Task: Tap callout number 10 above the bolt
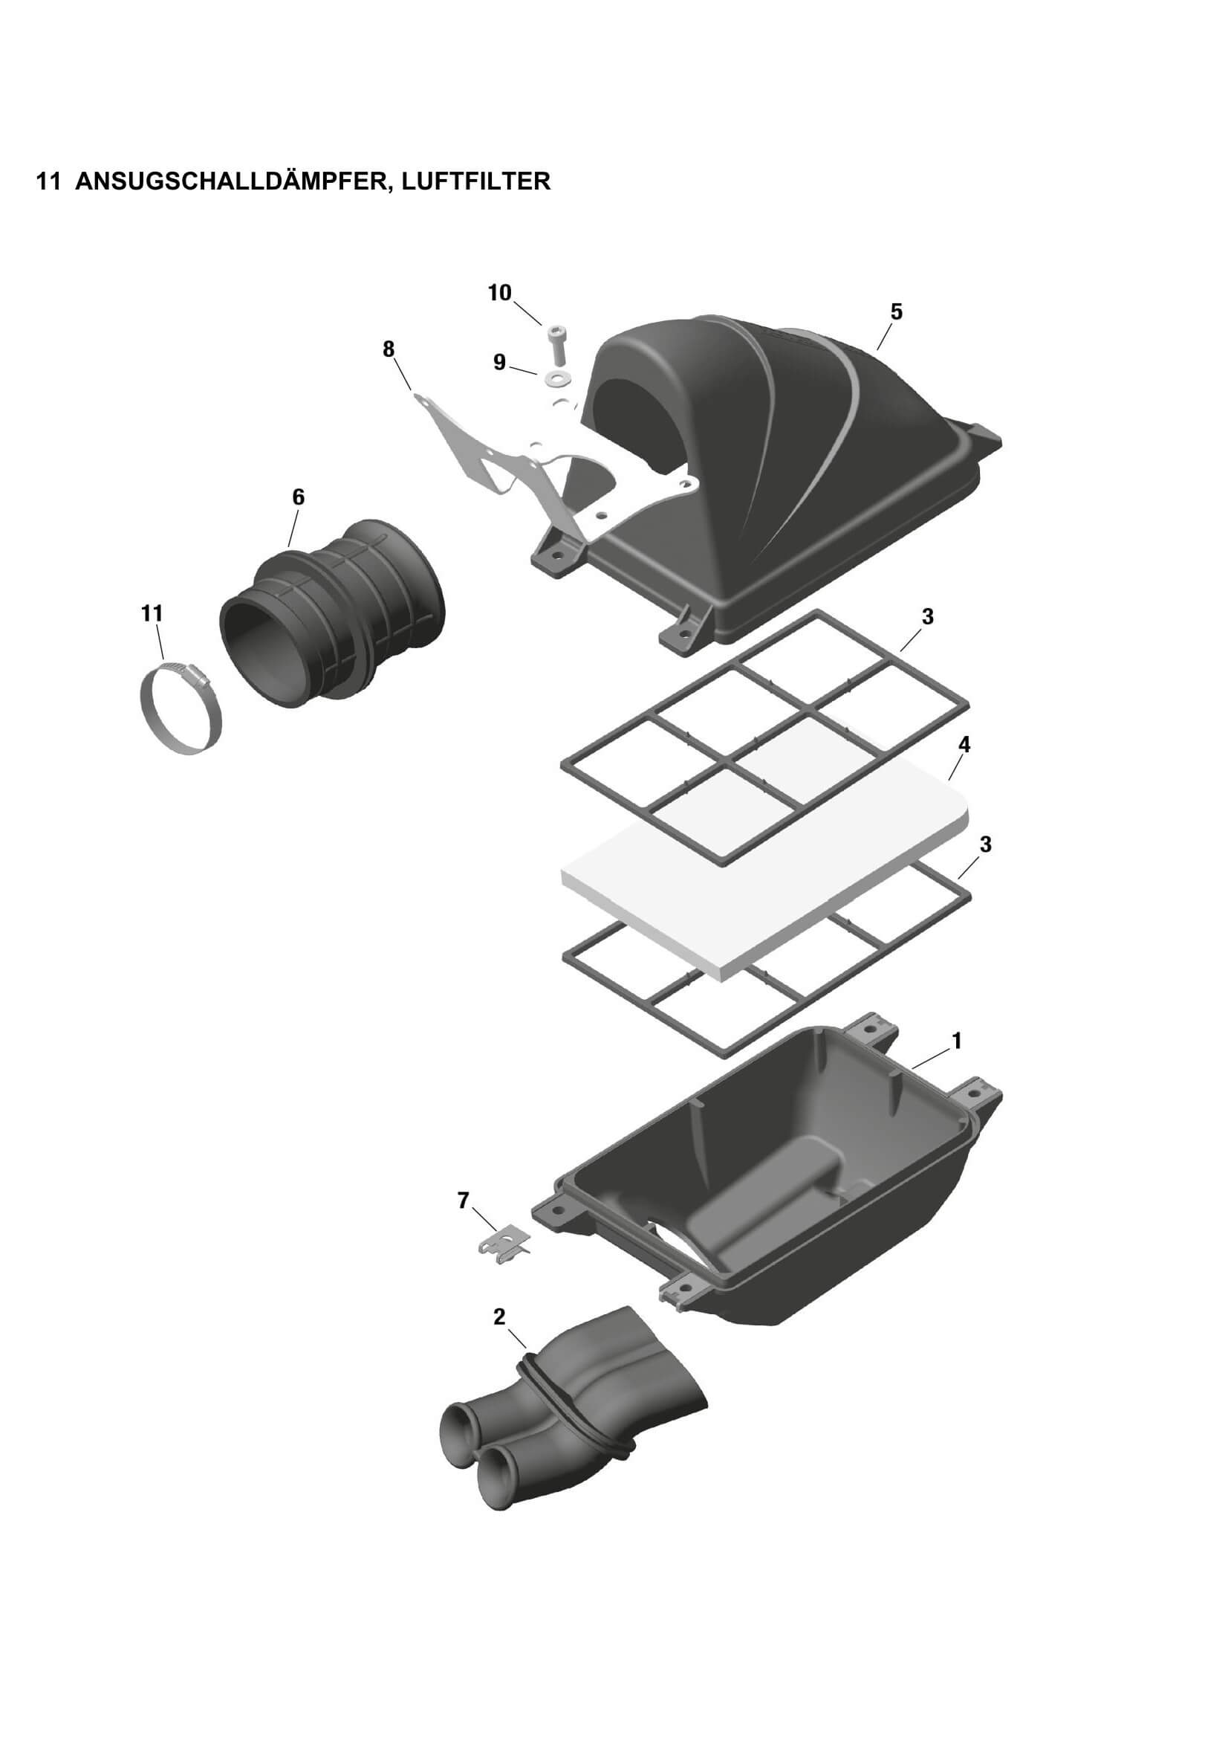point(499,293)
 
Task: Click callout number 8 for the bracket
point(389,349)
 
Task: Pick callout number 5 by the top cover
point(896,312)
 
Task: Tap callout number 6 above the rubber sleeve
point(298,497)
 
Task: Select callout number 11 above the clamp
point(152,613)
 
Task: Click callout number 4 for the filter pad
point(964,745)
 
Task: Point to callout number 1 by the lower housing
point(956,1041)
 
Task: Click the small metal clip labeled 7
point(505,1247)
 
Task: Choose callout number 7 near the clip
point(463,1200)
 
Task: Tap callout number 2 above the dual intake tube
point(499,1317)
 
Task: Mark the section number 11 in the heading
point(48,181)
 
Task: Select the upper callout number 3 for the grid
point(928,617)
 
